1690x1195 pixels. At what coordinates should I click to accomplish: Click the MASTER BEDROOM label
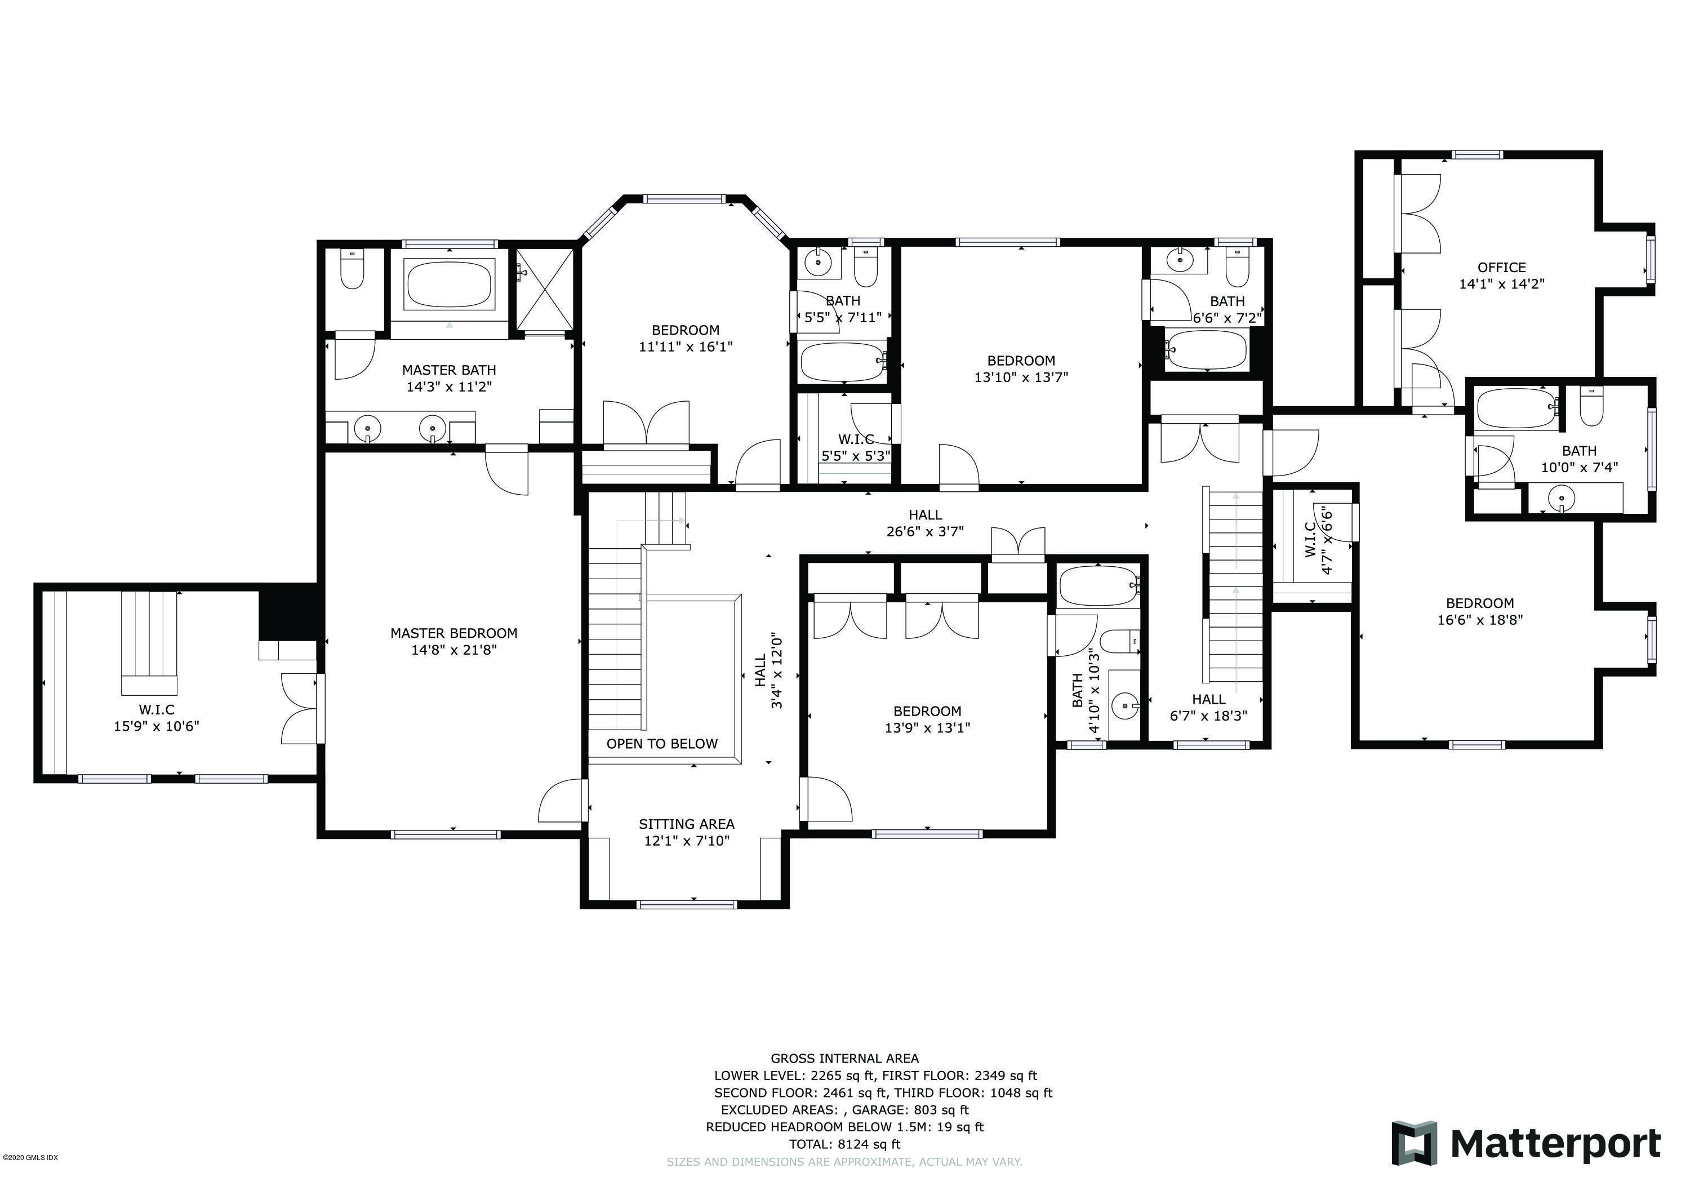(453, 633)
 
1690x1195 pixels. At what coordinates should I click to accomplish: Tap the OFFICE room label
(1502, 267)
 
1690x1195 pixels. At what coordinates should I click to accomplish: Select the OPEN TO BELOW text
(662, 744)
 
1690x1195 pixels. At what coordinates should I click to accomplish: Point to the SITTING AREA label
(686, 824)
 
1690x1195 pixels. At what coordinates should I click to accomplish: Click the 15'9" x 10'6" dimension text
(156, 726)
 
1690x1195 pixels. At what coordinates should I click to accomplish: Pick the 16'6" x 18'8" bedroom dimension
(1479, 620)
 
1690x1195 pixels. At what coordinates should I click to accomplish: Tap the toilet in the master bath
(353, 270)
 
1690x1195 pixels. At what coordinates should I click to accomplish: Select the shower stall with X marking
(544, 292)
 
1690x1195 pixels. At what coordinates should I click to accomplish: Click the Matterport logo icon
(1414, 1144)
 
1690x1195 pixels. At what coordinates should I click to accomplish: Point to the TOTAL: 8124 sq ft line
(844, 1144)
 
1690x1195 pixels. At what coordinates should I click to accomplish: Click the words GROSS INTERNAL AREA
(844, 1059)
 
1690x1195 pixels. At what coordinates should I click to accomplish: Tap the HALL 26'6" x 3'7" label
(924, 523)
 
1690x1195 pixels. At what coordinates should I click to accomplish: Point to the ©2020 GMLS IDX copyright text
(30, 1157)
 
